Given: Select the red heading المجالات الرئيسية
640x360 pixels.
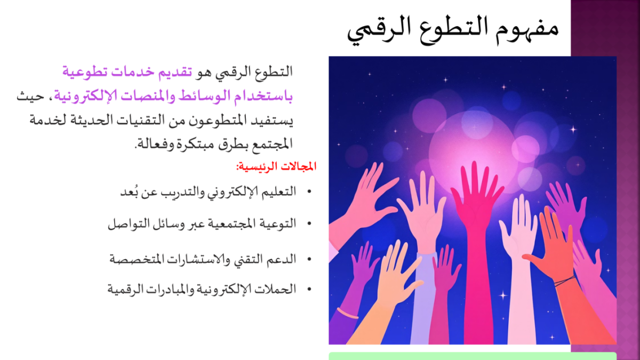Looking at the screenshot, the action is [x=276, y=166].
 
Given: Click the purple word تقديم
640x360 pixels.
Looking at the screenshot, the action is [x=174, y=73].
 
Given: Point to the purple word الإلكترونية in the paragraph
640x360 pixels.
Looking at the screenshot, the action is [x=81, y=97].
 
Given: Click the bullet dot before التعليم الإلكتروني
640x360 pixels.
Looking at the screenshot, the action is [x=309, y=191].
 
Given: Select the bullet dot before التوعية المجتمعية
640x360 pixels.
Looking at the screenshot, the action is [x=309, y=223].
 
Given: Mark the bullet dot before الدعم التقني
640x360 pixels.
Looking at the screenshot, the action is [x=309, y=259].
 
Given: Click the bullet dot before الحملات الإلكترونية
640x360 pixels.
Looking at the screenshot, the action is [x=309, y=290].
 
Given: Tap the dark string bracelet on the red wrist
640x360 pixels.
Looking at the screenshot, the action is [x=564, y=282].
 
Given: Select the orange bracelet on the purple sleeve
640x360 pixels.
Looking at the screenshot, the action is [x=347, y=313].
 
